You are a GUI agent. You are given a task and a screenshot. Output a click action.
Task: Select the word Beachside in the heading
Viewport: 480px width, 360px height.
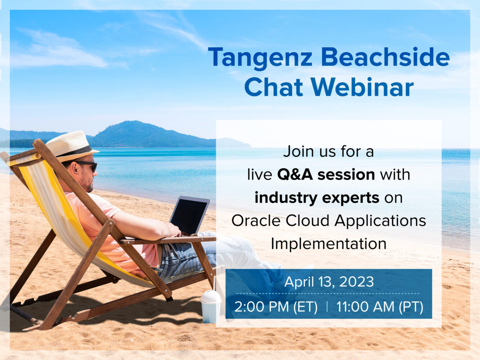(385, 57)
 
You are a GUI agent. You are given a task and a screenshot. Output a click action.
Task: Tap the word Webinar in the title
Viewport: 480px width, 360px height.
(362, 87)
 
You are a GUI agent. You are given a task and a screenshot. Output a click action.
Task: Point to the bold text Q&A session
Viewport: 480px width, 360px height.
(326, 175)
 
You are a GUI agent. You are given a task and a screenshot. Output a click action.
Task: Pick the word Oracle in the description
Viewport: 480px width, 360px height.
(256, 221)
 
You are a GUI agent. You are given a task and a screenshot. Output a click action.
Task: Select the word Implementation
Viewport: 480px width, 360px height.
(328, 244)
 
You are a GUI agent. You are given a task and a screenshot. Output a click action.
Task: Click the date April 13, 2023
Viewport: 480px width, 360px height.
(329, 282)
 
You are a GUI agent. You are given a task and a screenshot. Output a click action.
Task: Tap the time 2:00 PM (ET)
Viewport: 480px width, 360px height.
(276, 307)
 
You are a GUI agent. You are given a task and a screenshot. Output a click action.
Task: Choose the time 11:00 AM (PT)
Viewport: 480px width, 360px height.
(380, 307)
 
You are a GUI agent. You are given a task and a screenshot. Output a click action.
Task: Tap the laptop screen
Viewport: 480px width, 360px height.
(189, 216)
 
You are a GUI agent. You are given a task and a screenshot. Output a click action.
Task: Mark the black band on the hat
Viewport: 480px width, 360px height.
(76, 152)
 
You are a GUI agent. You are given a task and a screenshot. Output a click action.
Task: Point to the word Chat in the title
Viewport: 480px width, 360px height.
(273, 87)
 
